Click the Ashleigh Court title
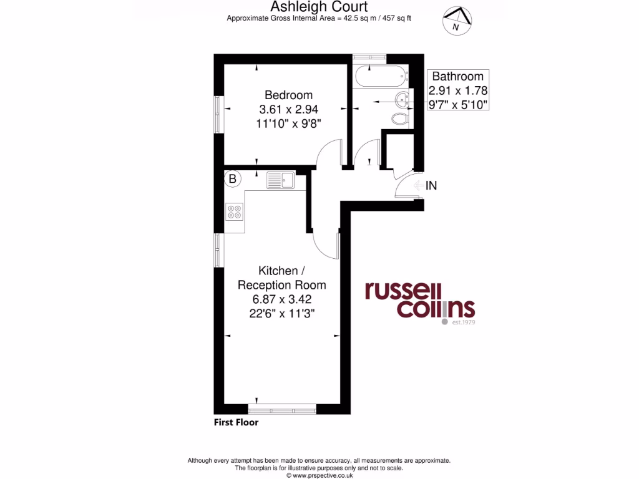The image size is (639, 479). point(319,7)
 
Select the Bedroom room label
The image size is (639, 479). point(288,95)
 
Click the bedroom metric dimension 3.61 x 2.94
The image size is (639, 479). point(288,109)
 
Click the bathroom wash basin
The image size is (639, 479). point(402,98)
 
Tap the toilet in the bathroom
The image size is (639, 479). point(399,119)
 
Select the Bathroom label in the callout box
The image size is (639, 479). point(458,77)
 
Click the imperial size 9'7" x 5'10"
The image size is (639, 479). point(458,104)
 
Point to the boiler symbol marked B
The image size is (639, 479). point(233,180)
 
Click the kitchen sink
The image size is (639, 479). point(281,180)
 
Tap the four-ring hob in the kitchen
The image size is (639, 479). point(235,212)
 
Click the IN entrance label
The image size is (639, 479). point(431,185)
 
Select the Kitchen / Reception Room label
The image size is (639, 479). point(282,278)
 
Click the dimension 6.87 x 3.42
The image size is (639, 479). point(282,299)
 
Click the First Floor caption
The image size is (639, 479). point(236,422)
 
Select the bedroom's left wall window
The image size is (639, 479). point(218,114)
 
